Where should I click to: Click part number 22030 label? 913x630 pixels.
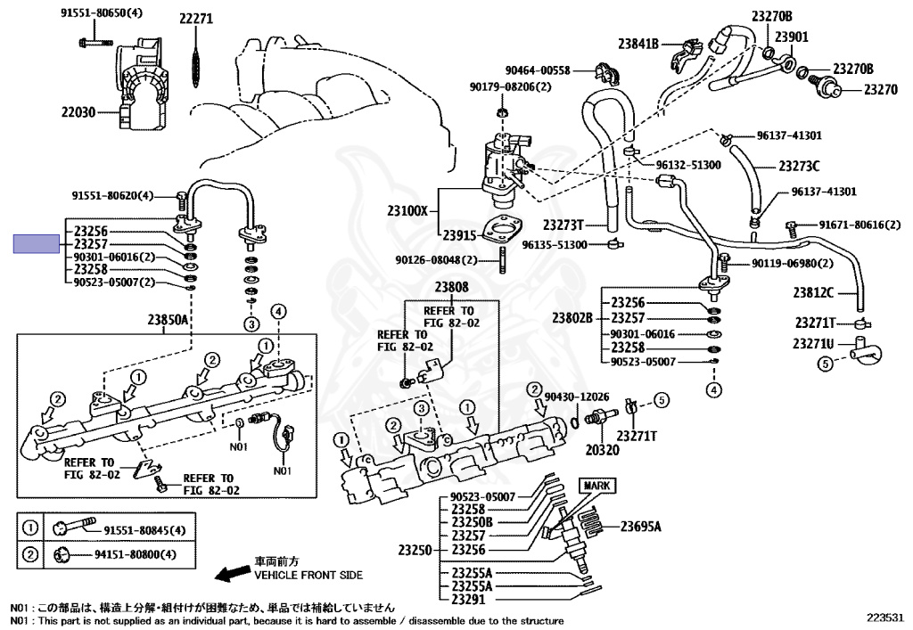(78, 111)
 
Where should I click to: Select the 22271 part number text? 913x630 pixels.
(196, 19)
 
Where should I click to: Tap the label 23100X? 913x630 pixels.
(407, 210)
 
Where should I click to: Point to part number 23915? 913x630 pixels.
(459, 235)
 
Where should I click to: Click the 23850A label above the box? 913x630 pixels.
(167, 319)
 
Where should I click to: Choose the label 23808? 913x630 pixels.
(451, 287)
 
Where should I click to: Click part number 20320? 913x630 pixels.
(602, 450)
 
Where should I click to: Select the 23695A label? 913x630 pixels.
(640, 527)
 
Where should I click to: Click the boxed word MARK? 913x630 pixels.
(596, 486)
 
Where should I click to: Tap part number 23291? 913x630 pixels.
(468, 600)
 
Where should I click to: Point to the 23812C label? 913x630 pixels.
(813, 292)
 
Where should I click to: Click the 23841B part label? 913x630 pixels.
(638, 44)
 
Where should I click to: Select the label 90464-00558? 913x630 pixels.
(538, 70)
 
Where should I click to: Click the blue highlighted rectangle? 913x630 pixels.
(36, 244)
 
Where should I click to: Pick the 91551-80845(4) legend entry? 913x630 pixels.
(144, 530)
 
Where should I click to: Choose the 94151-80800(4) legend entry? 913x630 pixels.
(136, 554)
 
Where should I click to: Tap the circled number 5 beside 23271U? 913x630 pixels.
(825, 364)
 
